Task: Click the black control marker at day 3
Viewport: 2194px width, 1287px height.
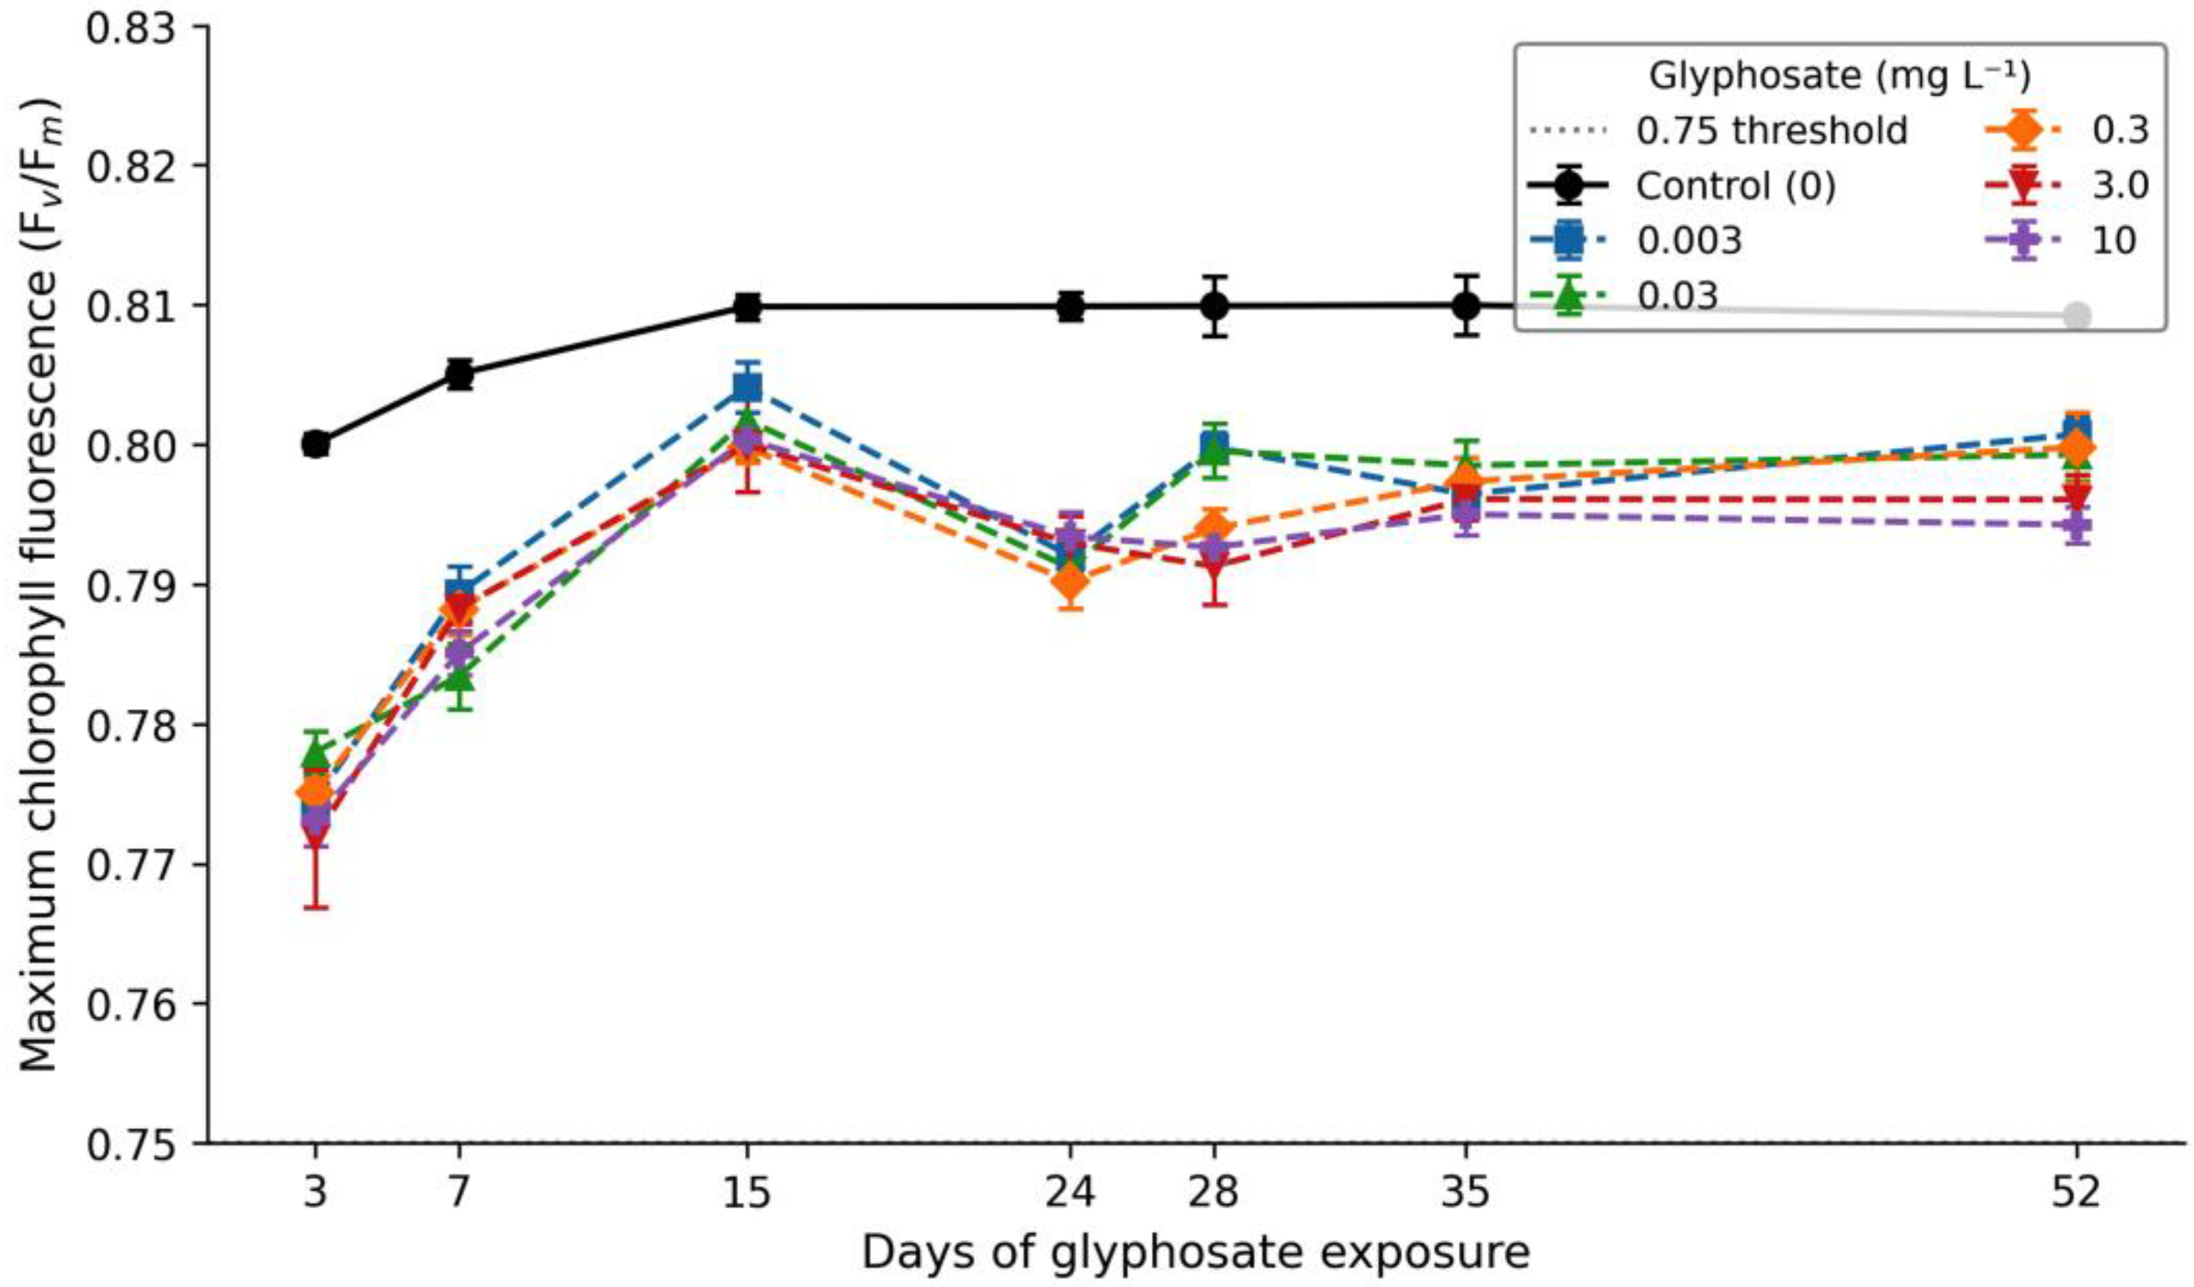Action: tap(316, 445)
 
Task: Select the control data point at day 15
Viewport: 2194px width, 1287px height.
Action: tap(747, 306)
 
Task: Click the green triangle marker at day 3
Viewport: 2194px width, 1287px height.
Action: tap(316, 753)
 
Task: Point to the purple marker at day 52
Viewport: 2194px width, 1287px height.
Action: tap(2077, 525)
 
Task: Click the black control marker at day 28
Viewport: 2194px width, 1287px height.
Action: tap(1216, 306)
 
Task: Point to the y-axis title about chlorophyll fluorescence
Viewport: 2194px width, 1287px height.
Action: tap(40, 583)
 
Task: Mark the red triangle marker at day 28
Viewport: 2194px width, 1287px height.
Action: tap(1216, 567)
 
